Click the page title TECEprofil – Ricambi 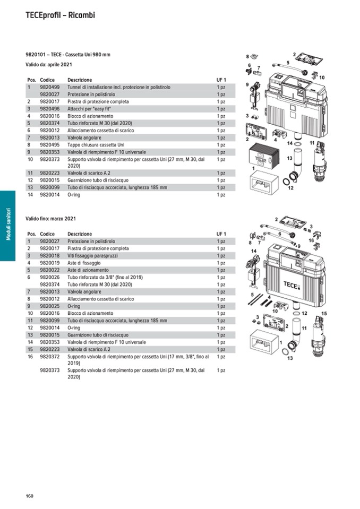60,15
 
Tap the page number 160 30,496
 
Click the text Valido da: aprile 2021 49,65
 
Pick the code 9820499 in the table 50,87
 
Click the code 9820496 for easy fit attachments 50,108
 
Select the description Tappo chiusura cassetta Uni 96,144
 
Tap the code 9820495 50,144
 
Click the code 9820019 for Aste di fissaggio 50,263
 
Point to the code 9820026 50,277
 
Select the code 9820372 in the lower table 50,357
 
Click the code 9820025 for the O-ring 50,306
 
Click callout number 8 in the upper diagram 247,56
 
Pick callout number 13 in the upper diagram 290,158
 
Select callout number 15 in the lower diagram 324,314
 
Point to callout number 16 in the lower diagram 312,240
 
